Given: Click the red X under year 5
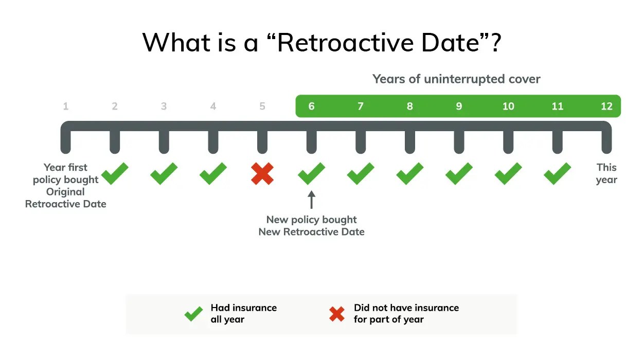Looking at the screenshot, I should pyautogui.click(x=262, y=173).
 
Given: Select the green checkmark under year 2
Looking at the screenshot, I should pyautogui.click(x=115, y=173).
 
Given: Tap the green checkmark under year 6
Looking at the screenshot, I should pyautogui.click(x=311, y=173).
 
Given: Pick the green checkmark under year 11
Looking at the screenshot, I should pyautogui.click(x=557, y=173).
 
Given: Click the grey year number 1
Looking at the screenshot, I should pyautogui.click(x=66, y=106).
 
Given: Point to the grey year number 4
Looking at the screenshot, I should pyautogui.click(x=213, y=106).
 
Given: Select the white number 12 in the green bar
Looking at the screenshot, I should pyautogui.click(x=606, y=106).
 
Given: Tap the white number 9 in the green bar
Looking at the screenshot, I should pyautogui.click(x=459, y=106).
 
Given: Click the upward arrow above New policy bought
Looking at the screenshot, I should pyautogui.click(x=311, y=199).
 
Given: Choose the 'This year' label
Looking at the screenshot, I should pyautogui.click(x=606, y=173).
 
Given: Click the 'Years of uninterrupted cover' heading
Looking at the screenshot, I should pyautogui.click(x=456, y=79).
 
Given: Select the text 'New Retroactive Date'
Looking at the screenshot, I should pyautogui.click(x=311, y=232).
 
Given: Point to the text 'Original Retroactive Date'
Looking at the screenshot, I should pyautogui.click(x=66, y=198).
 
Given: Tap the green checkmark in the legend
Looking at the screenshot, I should pyautogui.click(x=193, y=314).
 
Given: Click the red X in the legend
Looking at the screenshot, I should pyautogui.click(x=337, y=314).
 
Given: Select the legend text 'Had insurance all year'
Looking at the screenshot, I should pyautogui.click(x=243, y=314).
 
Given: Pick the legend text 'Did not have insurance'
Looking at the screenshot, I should pyautogui.click(x=406, y=308).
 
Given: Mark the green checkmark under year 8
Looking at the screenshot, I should pyautogui.click(x=409, y=173).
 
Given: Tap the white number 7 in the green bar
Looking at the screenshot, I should pyautogui.click(x=361, y=106).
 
